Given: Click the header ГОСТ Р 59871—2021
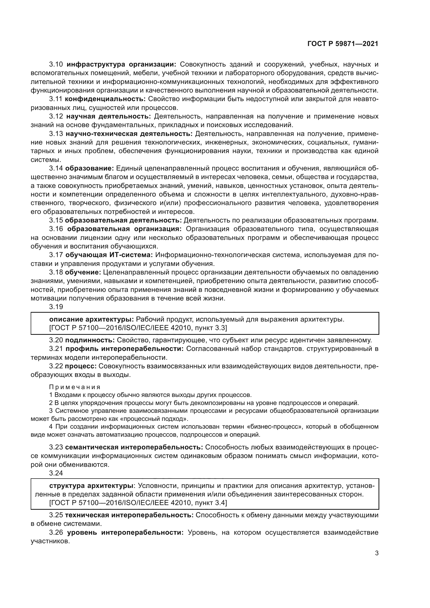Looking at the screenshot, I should click(343, 44).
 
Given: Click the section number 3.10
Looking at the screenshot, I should click(56, 64).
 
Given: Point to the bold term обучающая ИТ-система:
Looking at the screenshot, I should click(109, 255).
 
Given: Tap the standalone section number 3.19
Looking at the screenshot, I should click(56, 307).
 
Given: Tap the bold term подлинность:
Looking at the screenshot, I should click(90, 340).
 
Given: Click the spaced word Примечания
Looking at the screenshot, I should click(75, 387).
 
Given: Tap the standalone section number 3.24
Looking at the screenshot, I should click(56, 473).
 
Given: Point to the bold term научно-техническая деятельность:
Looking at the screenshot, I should click(129, 134).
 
